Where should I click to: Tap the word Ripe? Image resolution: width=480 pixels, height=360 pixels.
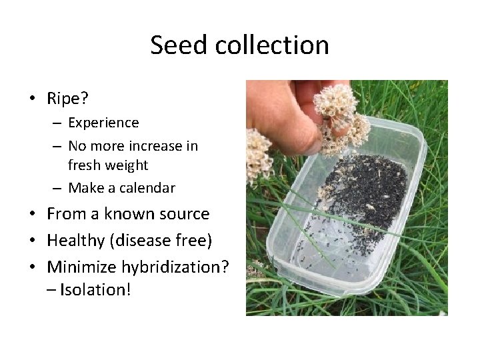coord(68,99)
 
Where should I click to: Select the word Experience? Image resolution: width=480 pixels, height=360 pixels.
coord(103,123)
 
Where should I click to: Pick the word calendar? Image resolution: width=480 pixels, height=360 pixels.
coord(145,188)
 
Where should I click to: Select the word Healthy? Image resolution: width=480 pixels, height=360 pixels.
coord(74,240)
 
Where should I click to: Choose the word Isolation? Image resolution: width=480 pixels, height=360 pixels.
coord(95,289)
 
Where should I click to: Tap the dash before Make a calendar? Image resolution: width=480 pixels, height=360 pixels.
coord(59,188)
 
